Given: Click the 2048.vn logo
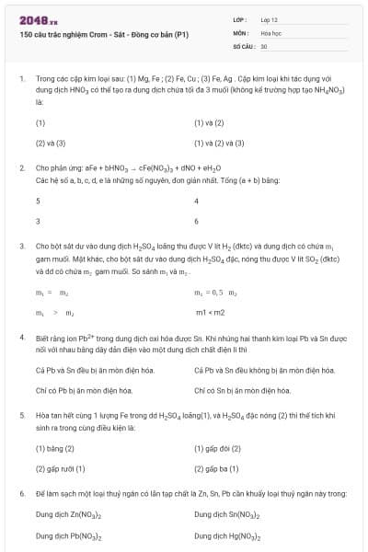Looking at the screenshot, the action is (x=38, y=19).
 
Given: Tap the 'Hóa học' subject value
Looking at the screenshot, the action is (x=271, y=32).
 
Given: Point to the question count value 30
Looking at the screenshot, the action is (x=264, y=45).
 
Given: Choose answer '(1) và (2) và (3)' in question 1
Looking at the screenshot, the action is (x=219, y=144).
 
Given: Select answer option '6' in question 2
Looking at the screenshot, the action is (x=197, y=222).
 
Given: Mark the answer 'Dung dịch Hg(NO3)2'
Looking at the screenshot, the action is (x=226, y=535).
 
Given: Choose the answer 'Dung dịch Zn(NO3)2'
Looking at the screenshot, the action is (x=68, y=514).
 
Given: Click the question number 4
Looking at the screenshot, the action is (x=21, y=339).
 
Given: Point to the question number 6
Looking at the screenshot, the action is (x=21, y=494).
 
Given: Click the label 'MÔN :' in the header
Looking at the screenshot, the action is (x=242, y=32).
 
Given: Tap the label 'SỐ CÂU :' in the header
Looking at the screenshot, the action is (x=244, y=45).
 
